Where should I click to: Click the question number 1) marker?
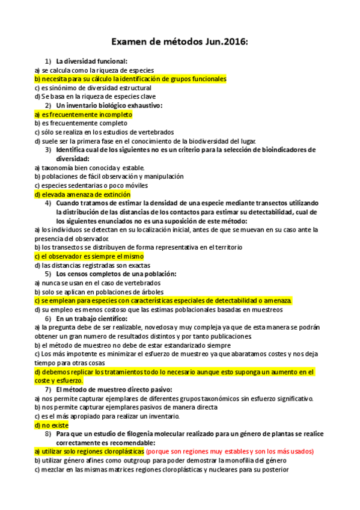click(x=48, y=61)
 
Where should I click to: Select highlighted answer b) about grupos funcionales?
click(x=130, y=79)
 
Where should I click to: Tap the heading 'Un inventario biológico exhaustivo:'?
click(x=109, y=105)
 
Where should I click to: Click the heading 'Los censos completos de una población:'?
click(x=116, y=274)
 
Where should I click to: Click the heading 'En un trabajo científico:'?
click(x=91, y=318)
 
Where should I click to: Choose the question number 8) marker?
click(x=48, y=434)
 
